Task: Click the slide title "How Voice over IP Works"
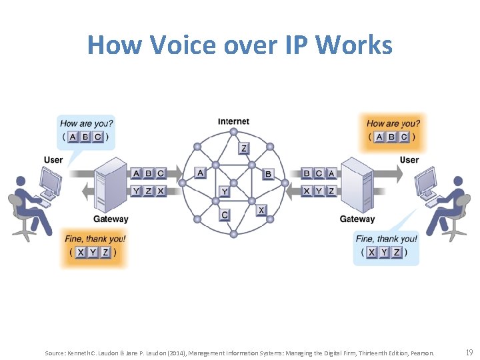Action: (x=240, y=45)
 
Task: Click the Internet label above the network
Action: (x=233, y=121)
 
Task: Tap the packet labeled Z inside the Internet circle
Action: (x=244, y=149)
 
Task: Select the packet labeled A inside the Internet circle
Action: (x=200, y=173)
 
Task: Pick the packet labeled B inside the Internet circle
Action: (x=268, y=174)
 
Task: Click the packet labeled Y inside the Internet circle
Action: (x=225, y=192)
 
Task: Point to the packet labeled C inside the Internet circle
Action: (x=225, y=215)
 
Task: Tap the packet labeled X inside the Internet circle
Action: (x=261, y=210)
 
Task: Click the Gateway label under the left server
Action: (x=111, y=219)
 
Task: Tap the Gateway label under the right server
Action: (x=357, y=219)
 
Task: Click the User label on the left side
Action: (x=53, y=160)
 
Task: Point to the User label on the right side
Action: (x=409, y=160)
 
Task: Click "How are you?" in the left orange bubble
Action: (x=87, y=123)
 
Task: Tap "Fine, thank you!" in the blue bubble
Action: (x=386, y=239)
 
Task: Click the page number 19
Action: (x=469, y=352)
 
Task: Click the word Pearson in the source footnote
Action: (x=422, y=353)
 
